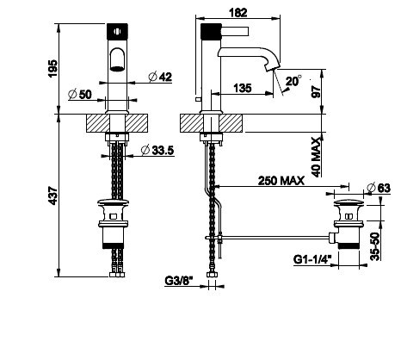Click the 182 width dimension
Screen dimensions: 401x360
(238, 13)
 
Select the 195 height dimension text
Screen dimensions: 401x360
(52, 68)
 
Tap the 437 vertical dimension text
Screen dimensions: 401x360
(52, 196)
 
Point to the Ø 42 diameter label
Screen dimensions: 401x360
(160, 77)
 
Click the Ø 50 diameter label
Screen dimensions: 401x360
(80, 94)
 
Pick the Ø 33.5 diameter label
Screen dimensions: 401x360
(157, 150)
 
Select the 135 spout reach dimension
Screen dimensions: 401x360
(243, 88)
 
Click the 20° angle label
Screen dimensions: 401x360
(293, 81)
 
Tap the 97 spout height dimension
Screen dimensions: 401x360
(317, 91)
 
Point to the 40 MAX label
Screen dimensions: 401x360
(317, 157)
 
